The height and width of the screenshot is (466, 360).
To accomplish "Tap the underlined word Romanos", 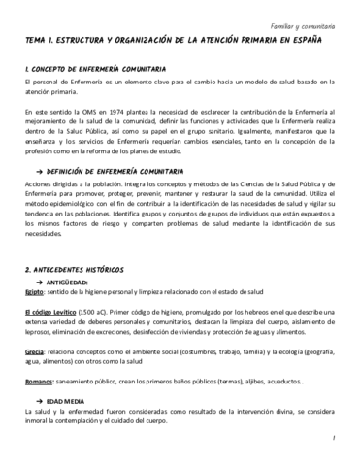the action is (39, 383).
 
